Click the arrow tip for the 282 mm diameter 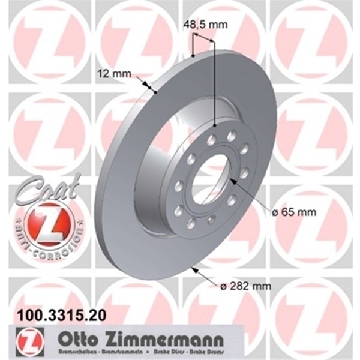(x=192, y=268)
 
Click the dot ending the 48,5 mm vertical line (x=214, y=124)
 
